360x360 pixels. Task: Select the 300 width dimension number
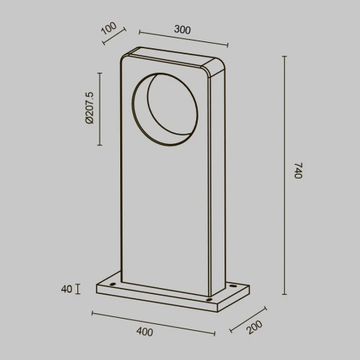182,30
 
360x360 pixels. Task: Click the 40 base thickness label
66,290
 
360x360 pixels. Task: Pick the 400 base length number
144,332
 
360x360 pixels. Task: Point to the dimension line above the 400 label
153,322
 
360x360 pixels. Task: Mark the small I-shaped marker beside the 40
77,290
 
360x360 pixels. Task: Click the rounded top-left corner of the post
124,57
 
